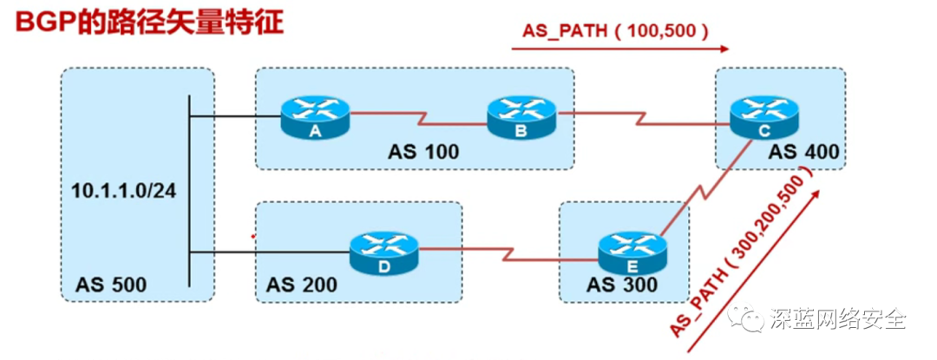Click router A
coord(314,116)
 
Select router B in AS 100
coord(520,116)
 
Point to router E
coord(632,252)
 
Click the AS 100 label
coord(423,153)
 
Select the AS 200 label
coord(301,284)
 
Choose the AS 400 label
coord(803,153)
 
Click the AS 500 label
coord(111,284)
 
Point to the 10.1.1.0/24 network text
coord(124,190)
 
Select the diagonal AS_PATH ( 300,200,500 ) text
coord(744,252)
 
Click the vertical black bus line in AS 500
coord(189,191)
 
